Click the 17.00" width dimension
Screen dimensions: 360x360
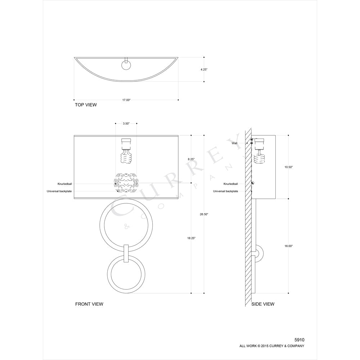126,100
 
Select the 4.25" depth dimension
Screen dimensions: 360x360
204,69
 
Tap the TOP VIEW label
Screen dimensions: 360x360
86,105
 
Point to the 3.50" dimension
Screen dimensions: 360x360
126,123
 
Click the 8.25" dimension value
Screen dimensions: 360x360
191,159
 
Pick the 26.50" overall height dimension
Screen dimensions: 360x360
204,214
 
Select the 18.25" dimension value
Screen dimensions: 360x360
191,238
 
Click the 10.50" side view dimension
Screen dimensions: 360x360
289,167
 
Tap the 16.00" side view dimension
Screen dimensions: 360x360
289,246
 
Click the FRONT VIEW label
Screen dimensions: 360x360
89,304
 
